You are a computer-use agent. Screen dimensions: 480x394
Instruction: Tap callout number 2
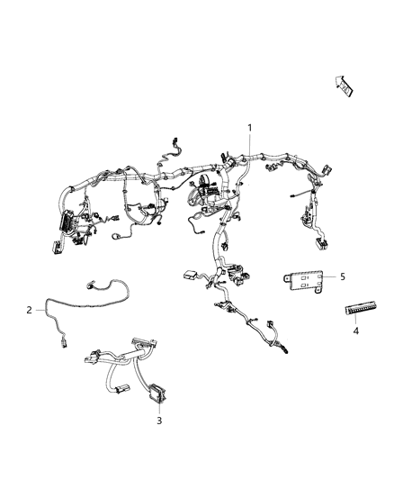coord(30,311)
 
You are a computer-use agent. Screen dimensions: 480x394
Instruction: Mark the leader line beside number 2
coord(41,309)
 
